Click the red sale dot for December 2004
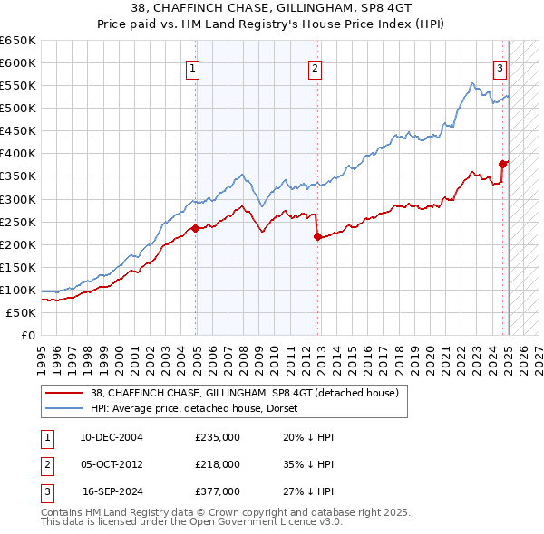coord(195,228)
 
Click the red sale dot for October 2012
coord(317,236)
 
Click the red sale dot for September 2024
coord(502,164)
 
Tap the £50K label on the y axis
coord(22,312)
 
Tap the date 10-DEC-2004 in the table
coord(112,437)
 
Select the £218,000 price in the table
coord(218,464)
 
